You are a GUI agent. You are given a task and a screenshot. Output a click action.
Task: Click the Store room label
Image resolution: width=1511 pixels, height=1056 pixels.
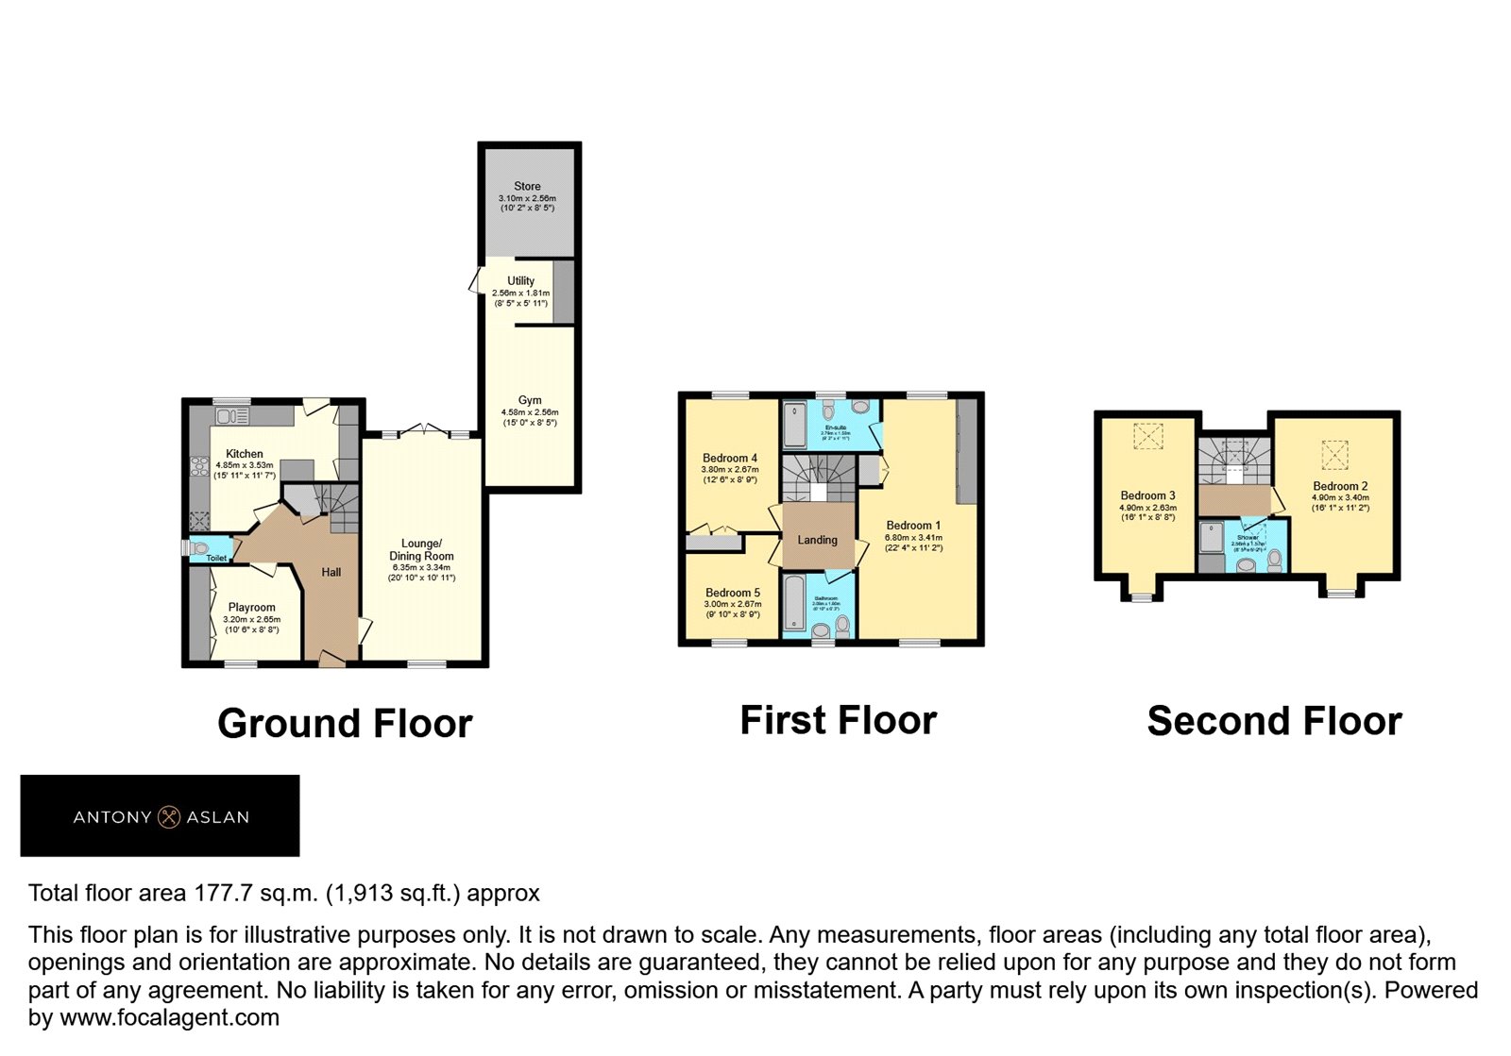pyautogui.click(x=527, y=187)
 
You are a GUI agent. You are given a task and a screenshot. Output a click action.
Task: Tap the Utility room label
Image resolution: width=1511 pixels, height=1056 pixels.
pyautogui.click(x=520, y=281)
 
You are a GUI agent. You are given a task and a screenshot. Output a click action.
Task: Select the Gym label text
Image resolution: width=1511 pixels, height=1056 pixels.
pyautogui.click(x=530, y=400)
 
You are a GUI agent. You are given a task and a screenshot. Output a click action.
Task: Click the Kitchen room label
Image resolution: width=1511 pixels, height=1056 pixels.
pyautogui.click(x=245, y=454)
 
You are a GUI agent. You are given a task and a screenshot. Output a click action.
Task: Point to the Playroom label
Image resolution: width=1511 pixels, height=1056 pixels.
pyautogui.click(x=251, y=608)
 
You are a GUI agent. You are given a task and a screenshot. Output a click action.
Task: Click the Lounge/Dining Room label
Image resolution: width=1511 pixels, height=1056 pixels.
pyautogui.click(x=421, y=549)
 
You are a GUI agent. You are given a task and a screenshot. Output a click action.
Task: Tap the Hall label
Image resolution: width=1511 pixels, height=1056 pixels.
pyautogui.click(x=331, y=572)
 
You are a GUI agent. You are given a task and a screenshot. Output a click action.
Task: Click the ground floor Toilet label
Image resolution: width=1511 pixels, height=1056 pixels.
pyautogui.click(x=216, y=558)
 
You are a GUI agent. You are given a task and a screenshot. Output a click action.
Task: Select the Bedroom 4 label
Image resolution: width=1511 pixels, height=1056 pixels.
pyautogui.click(x=730, y=458)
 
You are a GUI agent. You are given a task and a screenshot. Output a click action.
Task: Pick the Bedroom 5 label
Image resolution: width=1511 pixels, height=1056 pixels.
pyautogui.click(x=732, y=593)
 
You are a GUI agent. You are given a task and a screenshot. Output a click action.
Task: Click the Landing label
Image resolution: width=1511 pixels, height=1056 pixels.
pyautogui.click(x=817, y=540)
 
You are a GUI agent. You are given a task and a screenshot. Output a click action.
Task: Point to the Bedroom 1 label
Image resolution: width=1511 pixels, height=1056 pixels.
pyautogui.click(x=913, y=526)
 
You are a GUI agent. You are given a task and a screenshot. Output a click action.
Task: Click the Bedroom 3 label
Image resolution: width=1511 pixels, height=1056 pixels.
pyautogui.click(x=1147, y=495)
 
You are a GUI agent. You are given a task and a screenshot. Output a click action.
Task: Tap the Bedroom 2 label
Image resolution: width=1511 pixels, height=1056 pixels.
pyautogui.click(x=1340, y=486)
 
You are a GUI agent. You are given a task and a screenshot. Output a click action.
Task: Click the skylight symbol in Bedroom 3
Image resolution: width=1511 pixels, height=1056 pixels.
pyautogui.click(x=1147, y=437)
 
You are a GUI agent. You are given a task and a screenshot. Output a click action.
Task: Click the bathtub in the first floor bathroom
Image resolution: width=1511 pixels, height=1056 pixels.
pyautogui.click(x=795, y=603)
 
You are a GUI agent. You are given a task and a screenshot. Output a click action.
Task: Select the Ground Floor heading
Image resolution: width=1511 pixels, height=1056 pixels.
pyautogui.click(x=345, y=724)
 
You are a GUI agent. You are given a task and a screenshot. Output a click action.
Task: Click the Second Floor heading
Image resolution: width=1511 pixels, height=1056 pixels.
pyautogui.click(x=1274, y=721)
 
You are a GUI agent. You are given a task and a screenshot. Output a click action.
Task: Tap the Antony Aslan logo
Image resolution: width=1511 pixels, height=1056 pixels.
pyautogui.click(x=161, y=816)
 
